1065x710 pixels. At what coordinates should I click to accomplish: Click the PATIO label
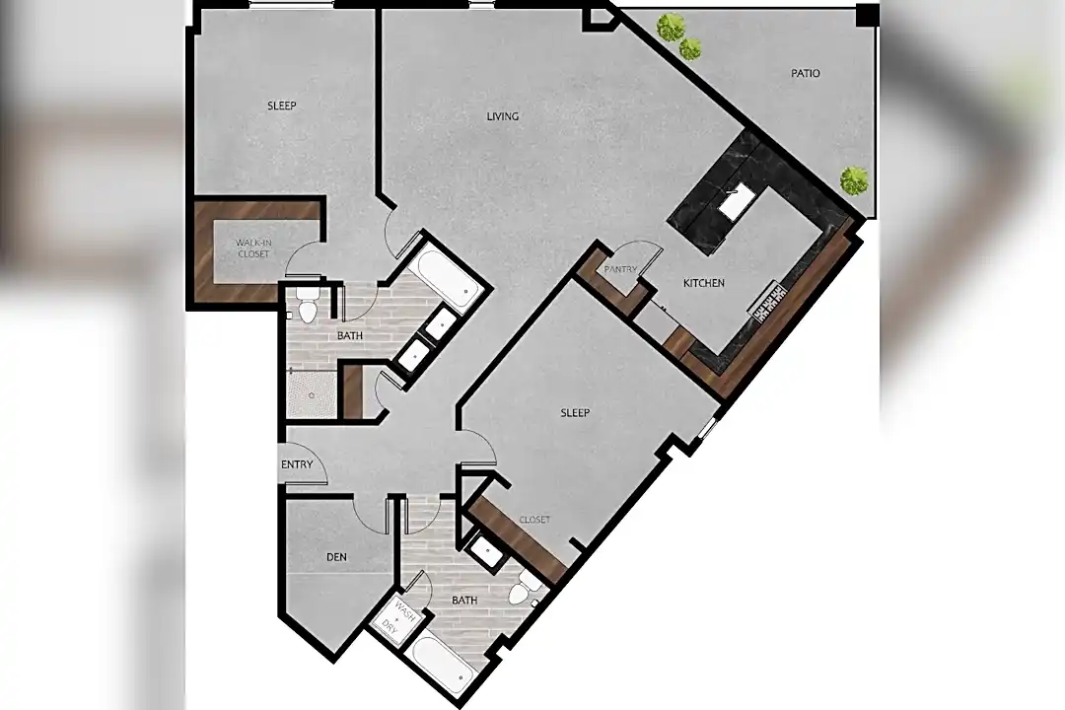pyautogui.click(x=805, y=73)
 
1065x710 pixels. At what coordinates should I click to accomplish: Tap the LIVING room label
pyautogui.click(x=503, y=117)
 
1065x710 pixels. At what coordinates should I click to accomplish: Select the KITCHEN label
pyautogui.click(x=704, y=283)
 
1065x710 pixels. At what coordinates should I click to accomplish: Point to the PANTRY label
pyautogui.click(x=620, y=270)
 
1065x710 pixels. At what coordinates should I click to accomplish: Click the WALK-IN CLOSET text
pyautogui.click(x=253, y=248)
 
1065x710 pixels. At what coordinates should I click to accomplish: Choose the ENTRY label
pyautogui.click(x=297, y=464)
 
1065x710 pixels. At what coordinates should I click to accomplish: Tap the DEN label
pyautogui.click(x=337, y=557)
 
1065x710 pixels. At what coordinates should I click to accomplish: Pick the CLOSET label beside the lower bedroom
pyautogui.click(x=534, y=520)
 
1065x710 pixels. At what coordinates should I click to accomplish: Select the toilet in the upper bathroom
pyautogui.click(x=308, y=305)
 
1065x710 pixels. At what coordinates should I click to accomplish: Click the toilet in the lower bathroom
pyautogui.click(x=523, y=589)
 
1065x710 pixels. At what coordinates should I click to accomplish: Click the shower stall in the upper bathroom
pyautogui.click(x=311, y=394)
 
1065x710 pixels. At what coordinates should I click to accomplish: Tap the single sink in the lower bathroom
pyautogui.click(x=486, y=551)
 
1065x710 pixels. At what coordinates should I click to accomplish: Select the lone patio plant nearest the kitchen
pyautogui.click(x=854, y=180)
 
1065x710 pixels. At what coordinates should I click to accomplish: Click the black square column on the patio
pyautogui.click(x=866, y=14)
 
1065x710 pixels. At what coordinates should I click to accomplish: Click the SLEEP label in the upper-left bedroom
pyautogui.click(x=282, y=106)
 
